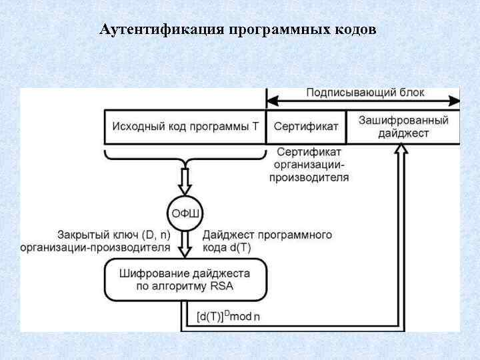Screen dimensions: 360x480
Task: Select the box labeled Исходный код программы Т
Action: [185, 127]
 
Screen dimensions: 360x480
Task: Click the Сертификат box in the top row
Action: [306, 127]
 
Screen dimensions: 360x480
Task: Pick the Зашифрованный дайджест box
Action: [403, 127]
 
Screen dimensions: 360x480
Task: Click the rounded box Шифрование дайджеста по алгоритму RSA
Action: [185, 280]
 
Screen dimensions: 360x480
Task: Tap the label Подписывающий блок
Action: [365, 93]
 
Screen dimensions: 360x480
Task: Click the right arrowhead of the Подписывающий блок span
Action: [455, 102]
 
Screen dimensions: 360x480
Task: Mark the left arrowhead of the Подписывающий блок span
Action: [271, 102]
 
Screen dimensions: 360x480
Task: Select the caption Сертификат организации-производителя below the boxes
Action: [309, 165]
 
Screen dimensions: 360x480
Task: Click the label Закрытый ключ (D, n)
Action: [114, 235]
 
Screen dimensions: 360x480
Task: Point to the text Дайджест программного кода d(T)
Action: [267, 241]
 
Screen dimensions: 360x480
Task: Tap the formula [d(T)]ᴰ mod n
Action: [228, 317]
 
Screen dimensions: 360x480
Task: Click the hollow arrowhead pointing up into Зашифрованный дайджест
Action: [400, 151]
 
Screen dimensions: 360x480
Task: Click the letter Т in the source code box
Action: [255, 127]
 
